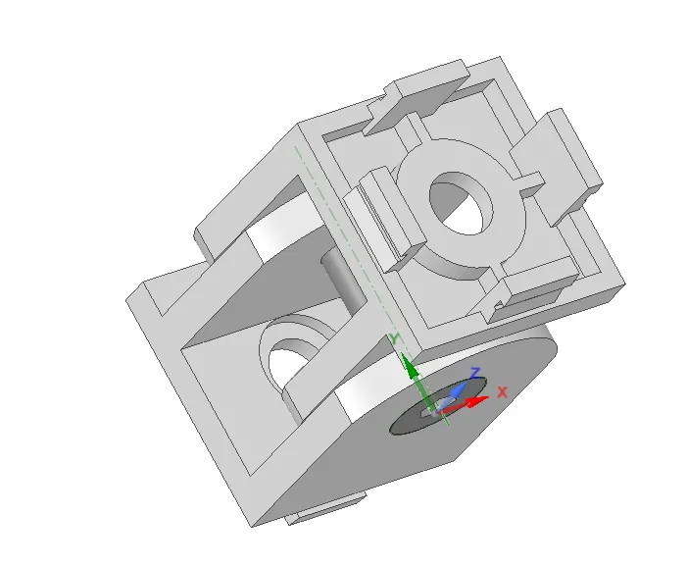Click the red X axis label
[503, 391]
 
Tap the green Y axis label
[394, 339]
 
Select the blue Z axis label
[474, 374]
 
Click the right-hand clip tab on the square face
[559, 162]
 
